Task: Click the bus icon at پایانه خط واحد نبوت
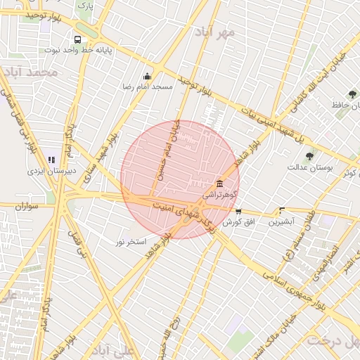(x=77, y=39)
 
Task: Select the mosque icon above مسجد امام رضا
(x=147, y=77)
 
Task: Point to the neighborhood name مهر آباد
(x=215, y=32)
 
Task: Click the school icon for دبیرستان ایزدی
(x=51, y=160)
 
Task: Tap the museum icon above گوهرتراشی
(x=220, y=183)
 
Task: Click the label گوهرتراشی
(x=220, y=193)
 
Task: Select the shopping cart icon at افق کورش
(x=238, y=211)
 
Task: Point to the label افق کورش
(x=238, y=221)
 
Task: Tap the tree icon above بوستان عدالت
(x=309, y=156)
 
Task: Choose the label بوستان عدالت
(x=309, y=167)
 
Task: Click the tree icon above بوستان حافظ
(x=352, y=94)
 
